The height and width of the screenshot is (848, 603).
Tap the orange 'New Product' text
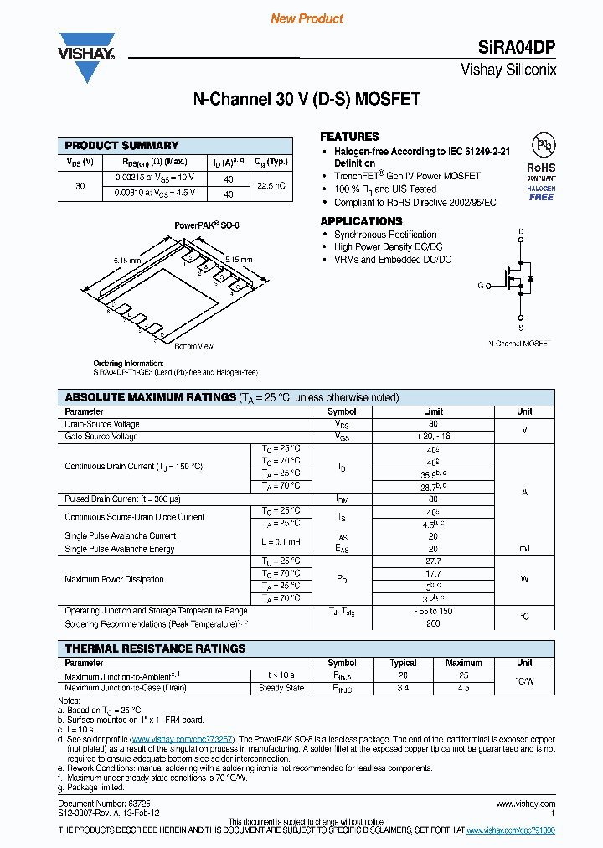coord(307,18)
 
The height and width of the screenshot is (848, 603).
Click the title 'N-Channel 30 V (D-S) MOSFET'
coord(307,100)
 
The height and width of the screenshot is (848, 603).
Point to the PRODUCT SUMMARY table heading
coord(121,146)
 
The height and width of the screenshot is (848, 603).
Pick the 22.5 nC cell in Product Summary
coord(271,185)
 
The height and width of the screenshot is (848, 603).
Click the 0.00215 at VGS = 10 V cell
coord(154,178)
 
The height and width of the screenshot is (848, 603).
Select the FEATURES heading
coord(349,137)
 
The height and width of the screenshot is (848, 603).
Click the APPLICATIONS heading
coord(362,221)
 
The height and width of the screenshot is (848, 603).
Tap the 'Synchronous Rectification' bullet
coord(385,235)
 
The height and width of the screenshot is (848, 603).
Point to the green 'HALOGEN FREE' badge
coord(541,193)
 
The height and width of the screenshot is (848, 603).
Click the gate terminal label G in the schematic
coord(482,286)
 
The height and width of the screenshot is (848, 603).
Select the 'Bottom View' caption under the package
coord(193,346)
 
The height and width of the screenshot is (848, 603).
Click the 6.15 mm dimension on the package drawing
coord(127,261)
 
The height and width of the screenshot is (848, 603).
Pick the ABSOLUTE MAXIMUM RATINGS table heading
coord(151,397)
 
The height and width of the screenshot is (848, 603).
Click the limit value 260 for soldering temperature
coord(433,624)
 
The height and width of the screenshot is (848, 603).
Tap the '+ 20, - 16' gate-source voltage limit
coord(433,437)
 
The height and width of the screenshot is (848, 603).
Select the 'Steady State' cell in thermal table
coord(281,688)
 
